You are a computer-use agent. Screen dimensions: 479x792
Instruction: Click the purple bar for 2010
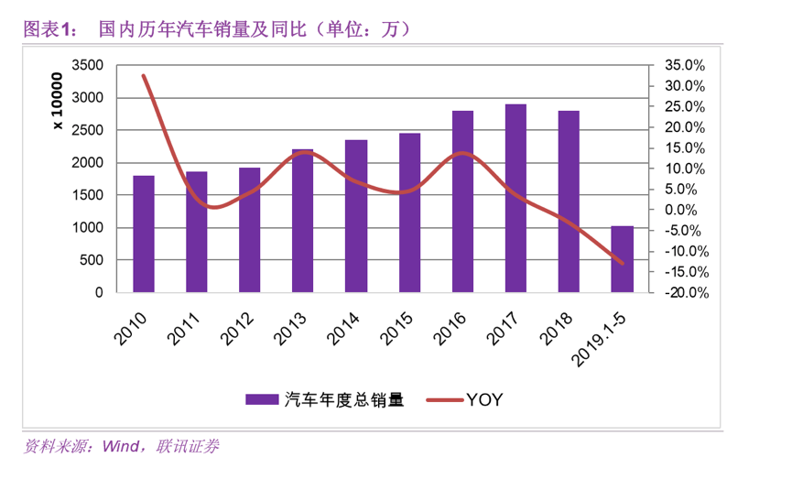pos(144,234)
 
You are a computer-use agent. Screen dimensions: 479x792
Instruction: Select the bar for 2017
pos(515,199)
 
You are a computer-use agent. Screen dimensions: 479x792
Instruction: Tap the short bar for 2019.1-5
pos(622,259)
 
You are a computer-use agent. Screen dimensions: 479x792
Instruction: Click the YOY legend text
pos(484,399)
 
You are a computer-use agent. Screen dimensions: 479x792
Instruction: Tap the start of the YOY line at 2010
pos(144,76)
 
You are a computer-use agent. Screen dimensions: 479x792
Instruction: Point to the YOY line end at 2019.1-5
pos(623,264)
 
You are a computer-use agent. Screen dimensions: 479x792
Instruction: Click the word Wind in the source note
pos(120,448)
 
